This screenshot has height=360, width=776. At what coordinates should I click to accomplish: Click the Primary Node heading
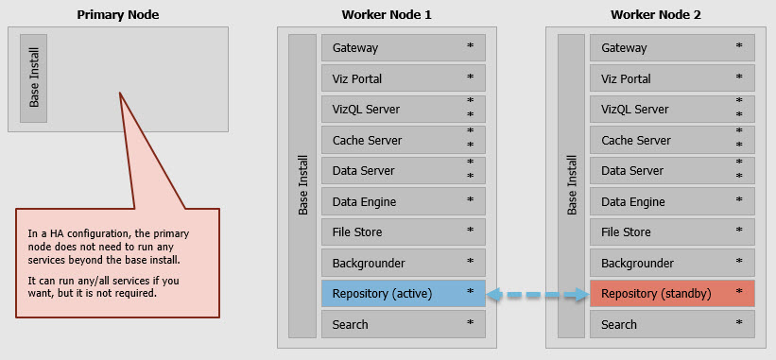(x=117, y=14)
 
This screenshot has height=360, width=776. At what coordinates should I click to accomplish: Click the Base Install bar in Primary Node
(x=34, y=78)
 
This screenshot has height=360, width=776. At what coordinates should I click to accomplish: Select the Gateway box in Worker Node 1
(x=403, y=48)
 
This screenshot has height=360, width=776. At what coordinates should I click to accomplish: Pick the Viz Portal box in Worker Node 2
(x=672, y=78)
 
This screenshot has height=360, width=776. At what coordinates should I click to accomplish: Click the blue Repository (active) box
(x=403, y=294)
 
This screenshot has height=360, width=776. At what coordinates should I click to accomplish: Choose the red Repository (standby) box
(x=672, y=294)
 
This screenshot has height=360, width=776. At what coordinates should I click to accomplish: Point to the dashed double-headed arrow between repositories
(x=537, y=294)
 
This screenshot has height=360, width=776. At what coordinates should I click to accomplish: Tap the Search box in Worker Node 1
(x=403, y=324)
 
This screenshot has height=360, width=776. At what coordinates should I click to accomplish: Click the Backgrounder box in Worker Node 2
(x=672, y=263)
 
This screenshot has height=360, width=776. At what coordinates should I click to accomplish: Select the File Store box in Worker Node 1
(x=403, y=232)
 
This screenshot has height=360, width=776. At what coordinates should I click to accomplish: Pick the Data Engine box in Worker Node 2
(x=672, y=201)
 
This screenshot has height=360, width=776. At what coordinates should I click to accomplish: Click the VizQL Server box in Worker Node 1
(x=403, y=110)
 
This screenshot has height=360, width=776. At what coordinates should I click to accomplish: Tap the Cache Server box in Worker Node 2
(x=672, y=140)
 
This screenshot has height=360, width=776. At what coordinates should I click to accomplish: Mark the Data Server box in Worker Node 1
(x=403, y=171)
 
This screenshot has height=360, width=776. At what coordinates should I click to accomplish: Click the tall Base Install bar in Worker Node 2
(x=571, y=186)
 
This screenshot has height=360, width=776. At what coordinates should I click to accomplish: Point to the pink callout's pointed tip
(x=121, y=94)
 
